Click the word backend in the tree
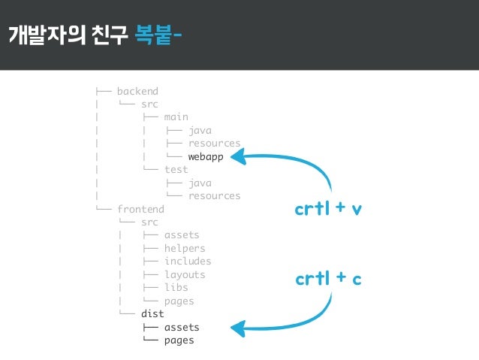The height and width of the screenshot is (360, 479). click(x=137, y=91)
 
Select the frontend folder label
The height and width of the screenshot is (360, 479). click(x=140, y=209)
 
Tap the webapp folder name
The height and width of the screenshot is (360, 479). click(x=206, y=156)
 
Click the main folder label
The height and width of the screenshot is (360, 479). click(x=176, y=117)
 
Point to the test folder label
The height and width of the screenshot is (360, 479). click(x=176, y=170)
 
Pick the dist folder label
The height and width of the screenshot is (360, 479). click(x=152, y=314)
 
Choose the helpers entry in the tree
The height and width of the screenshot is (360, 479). click(x=185, y=248)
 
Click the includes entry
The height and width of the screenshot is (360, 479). click(x=188, y=262)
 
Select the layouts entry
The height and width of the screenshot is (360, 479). click(x=185, y=274)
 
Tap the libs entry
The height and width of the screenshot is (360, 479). click(x=176, y=288)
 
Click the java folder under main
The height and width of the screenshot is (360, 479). click(x=200, y=130)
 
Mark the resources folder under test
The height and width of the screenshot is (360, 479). click(x=215, y=196)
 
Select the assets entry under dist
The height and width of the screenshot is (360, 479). click(x=182, y=327)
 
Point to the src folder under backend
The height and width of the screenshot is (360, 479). click(x=149, y=104)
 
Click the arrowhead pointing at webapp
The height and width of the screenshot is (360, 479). click(x=239, y=156)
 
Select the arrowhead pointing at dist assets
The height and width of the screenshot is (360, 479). click(x=239, y=328)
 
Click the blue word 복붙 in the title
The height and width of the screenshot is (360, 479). click(x=155, y=35)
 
